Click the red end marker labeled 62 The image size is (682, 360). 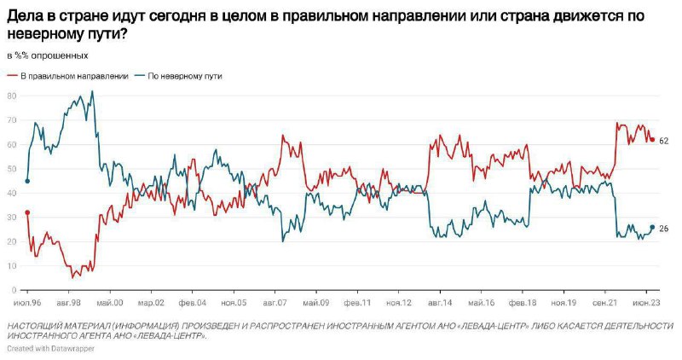[x=652, y=140]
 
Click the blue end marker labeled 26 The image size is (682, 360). [x=652, y=227]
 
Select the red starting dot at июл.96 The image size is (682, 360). [x=27, y=212]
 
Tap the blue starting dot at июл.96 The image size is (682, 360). [x=27, y=181]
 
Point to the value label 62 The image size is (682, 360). [x=664, y=141]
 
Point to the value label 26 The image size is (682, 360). [x=664, y=228]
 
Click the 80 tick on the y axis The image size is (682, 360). [x=12, y=96]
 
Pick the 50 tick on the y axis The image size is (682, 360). [x=12, y=169]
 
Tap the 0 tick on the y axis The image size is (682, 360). [x=14, y=290]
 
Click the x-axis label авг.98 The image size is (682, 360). [x=69, y=303]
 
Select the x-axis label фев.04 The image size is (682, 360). [x=193, y=303]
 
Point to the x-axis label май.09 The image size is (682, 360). [x=316, y=303]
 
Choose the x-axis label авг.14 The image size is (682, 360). [x=440, y=303]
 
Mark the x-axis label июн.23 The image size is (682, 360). [x=646, y=303]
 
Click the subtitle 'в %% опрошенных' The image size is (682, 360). [x=48, y=55]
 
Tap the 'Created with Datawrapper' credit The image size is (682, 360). [x=51, y=348]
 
